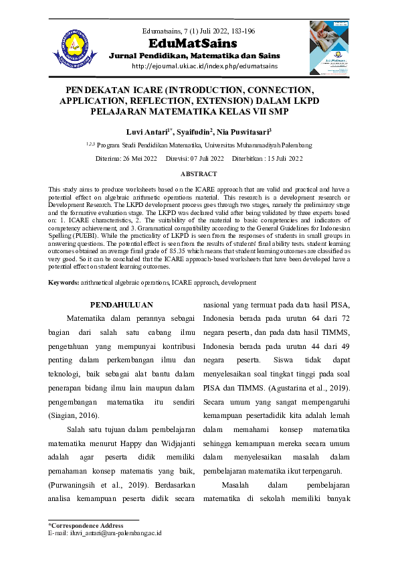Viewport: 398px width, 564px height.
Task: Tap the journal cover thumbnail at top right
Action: pos(328,47)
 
